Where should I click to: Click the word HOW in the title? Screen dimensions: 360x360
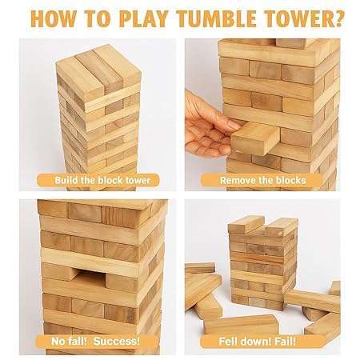tap(53, 18)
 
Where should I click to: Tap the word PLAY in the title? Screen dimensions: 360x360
tap(143, 18)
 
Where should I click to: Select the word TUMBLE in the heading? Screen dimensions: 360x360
tap(218, 18)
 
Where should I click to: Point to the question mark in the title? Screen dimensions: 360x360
tap(339, 18)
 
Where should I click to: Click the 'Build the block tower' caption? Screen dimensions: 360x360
tap(102, 180)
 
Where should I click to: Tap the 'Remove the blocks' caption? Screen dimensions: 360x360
tap(263, 181)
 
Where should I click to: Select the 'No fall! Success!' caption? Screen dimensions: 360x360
tap(95, 342)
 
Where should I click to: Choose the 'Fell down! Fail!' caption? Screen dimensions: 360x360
tap(257, 342)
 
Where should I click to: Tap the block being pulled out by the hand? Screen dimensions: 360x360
tap(255, 138)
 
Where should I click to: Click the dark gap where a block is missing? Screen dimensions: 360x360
tap(90, 278)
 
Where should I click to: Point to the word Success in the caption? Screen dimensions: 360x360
tap(117, 342)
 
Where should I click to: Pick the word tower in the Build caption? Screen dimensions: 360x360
tap(138, 180)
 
